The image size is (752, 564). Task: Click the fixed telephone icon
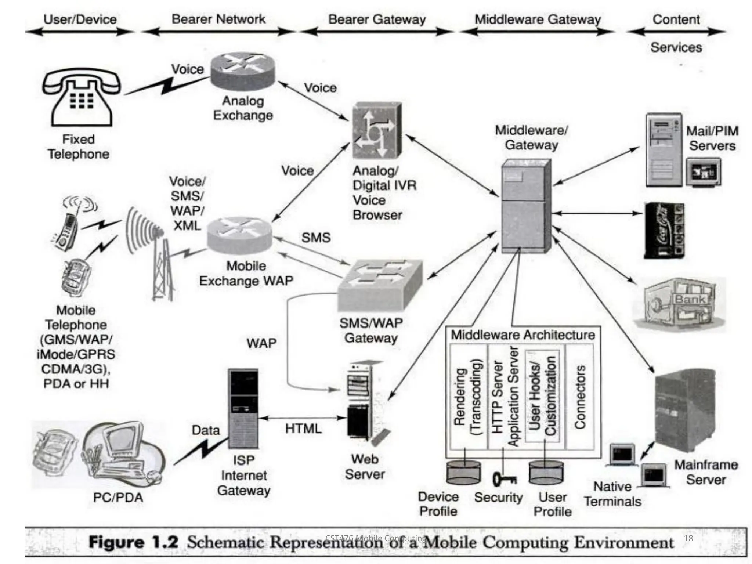tap(82, 98)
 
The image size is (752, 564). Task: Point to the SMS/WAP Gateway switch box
tap(380, 285)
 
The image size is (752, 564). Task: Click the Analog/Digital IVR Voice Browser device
tap(377, 130)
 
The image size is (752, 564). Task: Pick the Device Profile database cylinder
tap(463, 473)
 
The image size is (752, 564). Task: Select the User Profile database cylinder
tap(546, 473)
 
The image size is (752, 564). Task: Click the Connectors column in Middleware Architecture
tap(580, 397)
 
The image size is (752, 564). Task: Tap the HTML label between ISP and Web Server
tap(303, 429)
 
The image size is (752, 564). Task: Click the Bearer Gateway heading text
tap(377, 19)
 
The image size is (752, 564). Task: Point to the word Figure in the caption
tap(116, 543)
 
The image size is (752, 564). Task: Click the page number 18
tap(688, 538)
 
